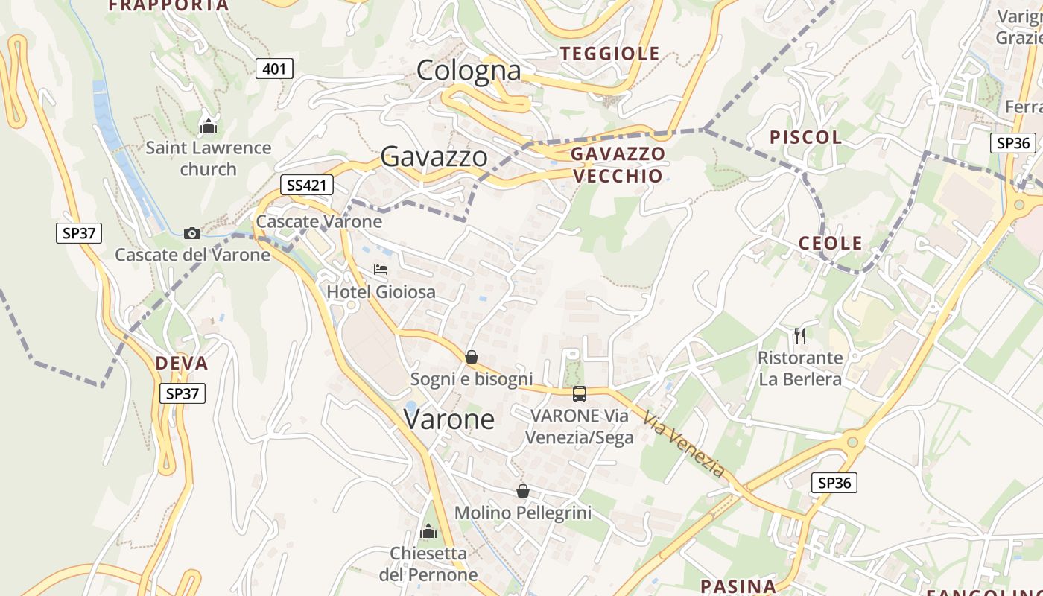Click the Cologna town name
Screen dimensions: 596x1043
(x=469, y=71)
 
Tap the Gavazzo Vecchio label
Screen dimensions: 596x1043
(x=617, y=165)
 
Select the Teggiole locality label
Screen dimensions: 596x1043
(x=610, y=54)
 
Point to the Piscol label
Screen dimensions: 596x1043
(x=805, y=137)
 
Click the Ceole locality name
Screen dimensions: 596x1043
(x=830, y=243)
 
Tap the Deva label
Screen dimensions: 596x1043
(x=182, y=364)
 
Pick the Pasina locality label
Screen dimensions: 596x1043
(x=738, y=586)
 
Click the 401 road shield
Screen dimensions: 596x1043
(x=274, y=69)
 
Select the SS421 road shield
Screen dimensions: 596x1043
(x=306, y=186)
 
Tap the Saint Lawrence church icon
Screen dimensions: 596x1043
(x=209, y=125)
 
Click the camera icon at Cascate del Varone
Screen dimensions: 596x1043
(x=192, y=233)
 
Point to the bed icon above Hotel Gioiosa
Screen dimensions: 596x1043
(x=381, y=270)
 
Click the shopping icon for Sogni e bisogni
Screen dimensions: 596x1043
(x=471, y=357)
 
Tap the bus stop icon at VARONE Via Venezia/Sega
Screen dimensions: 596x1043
(x=580, y=393)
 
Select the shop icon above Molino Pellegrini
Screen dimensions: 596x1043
(x=523, y=491)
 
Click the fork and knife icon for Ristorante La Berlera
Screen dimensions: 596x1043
(x=800, y=336)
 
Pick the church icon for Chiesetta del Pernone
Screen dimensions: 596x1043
(x=428, y=531)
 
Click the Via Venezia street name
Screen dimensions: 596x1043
(x=683, y=445)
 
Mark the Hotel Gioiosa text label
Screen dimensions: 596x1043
(x=381, y=291)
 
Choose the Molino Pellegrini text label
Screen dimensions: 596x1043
(x=523, y=513)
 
